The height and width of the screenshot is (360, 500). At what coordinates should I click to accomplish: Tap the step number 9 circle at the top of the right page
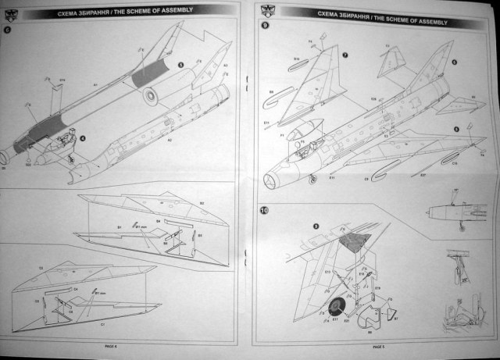click(265, 26)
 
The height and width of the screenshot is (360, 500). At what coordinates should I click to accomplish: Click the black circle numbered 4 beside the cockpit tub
click(81, 138)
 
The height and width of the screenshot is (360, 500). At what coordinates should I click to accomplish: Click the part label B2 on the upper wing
click(202, 203)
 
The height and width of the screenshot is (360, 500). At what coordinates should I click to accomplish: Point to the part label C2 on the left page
click(41, 267)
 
